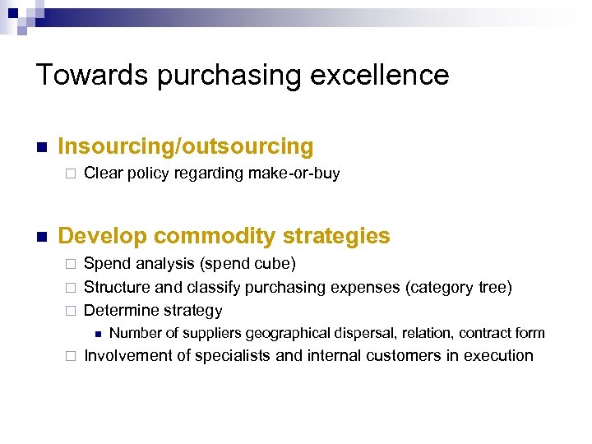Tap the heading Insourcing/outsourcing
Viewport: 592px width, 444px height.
pos(186,147)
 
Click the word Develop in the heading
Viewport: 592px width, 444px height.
pos(102,236)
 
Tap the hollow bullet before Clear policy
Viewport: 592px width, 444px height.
pos(70,174)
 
